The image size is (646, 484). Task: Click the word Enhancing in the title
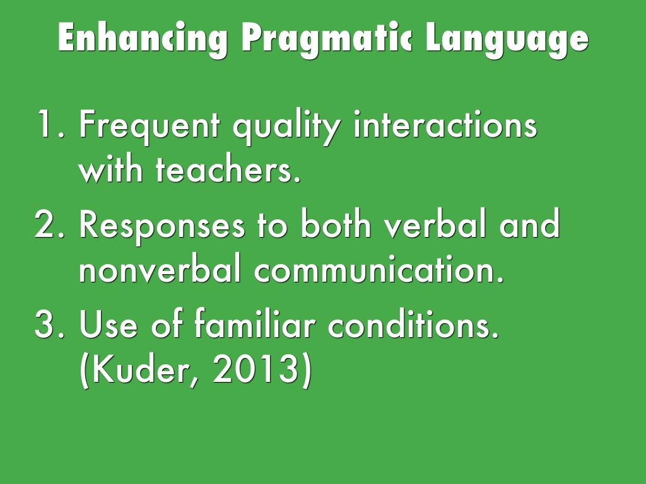click(x=143, y=38)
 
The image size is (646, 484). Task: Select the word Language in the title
click(x=507, y=38)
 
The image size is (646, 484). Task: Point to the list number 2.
click(x=49, y=224)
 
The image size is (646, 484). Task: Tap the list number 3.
click(x=49, y=325)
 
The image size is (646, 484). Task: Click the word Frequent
click(x=149, y=126)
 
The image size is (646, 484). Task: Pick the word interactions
click(x=445, y=124)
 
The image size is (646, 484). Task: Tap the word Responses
click(x=161, y=226)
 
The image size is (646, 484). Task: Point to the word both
click(x=336, y=224)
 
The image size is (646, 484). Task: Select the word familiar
click(x=255, y=323)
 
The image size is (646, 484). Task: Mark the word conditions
click(x=413, y=323)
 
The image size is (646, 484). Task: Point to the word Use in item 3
click(x=109, y=325)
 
